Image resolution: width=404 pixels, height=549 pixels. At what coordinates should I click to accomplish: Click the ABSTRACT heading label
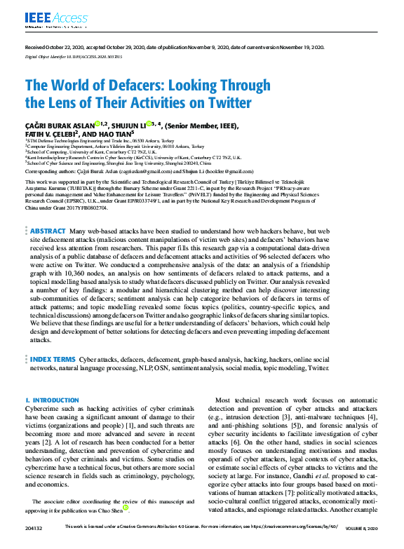[48, 210]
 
